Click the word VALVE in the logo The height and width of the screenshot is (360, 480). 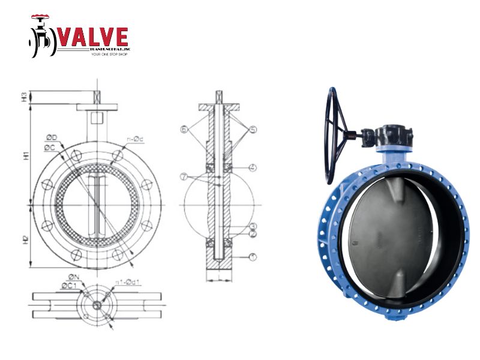[x=92, y=37]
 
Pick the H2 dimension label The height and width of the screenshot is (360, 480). [x=25, y=238]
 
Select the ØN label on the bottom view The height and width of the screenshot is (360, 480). [x=73, y=277]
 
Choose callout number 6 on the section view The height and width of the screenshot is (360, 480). [x=185, y=129]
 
